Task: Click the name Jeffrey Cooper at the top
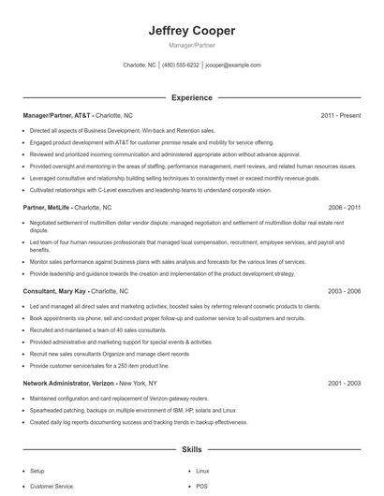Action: coord(192,31)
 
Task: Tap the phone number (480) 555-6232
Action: coord(181,66)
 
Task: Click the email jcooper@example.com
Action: coord(233,66)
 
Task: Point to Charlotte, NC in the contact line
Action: coord(140,66)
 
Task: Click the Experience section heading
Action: coord(192,97)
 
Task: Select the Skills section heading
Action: coord(192,449)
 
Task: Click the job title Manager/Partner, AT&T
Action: coord(57,115)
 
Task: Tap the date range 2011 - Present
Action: coord(341,115)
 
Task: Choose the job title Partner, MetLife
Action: coord(48,206)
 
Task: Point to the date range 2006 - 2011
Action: coord(345,206)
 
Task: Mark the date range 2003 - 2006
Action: coord(345,292)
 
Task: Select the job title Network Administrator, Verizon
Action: coord(70,383)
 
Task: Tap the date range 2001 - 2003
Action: coord(345,383)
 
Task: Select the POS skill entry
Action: coord(201,488)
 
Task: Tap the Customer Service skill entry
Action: coord(52,488)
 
